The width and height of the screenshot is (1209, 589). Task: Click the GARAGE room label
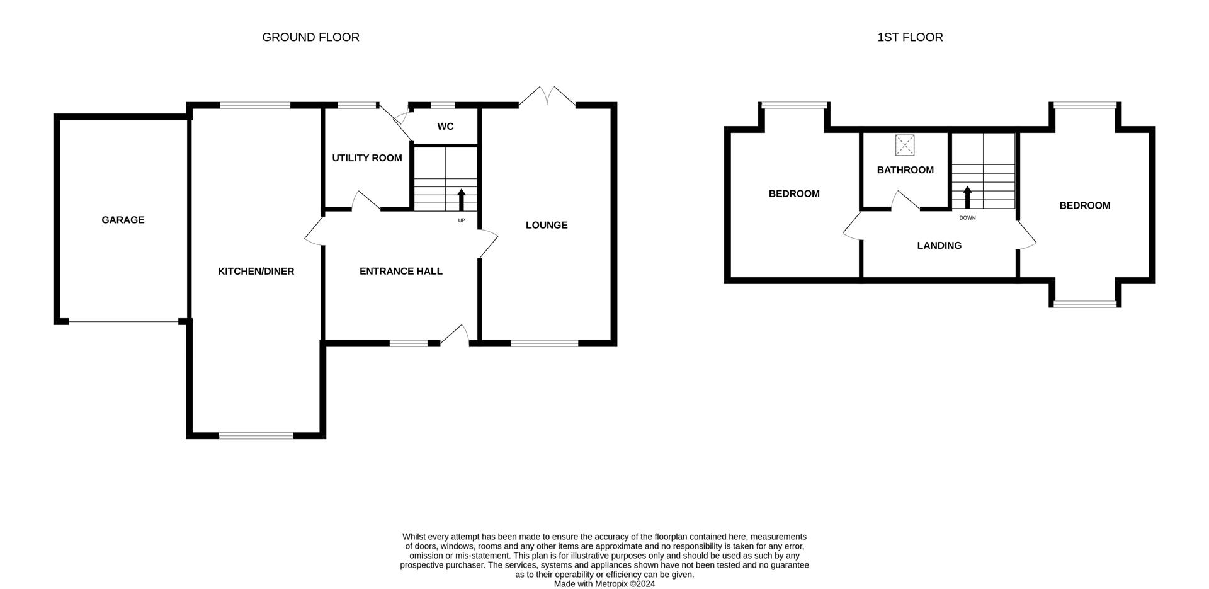click(x=123, y=220)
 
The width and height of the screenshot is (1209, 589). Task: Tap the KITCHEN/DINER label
click(x=256, y=272)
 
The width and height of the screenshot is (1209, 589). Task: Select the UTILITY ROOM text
click(x=367, y=158)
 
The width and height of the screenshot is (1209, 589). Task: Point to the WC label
click(x=445, y=127)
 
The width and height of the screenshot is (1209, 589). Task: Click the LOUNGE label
click(x=547, y=225)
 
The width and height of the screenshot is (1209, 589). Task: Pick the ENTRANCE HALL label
click(x=400, y=272)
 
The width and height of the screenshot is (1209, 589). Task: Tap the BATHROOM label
click(x=905, y=170)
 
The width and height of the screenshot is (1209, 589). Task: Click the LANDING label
click(x=939, y=246)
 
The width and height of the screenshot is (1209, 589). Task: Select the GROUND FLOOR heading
click(x=310, y=37)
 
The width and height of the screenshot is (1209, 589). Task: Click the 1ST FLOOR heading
click(x=910, y=37)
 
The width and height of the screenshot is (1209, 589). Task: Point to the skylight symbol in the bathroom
click(x=905, y=146)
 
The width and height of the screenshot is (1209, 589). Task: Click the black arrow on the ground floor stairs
click(x=461, y=199)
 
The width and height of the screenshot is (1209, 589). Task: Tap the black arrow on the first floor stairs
click(x=967, y=197)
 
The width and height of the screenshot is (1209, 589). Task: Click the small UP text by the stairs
click(x=462, y=220)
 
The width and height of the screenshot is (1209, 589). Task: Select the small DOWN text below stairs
click(x=967, y=218)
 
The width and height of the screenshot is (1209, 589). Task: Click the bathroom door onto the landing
click(x=905, y=201)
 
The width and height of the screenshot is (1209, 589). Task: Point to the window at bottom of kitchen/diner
click(x=256, y=435)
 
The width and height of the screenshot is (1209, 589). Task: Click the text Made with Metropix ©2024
click(x=604, y=584)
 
